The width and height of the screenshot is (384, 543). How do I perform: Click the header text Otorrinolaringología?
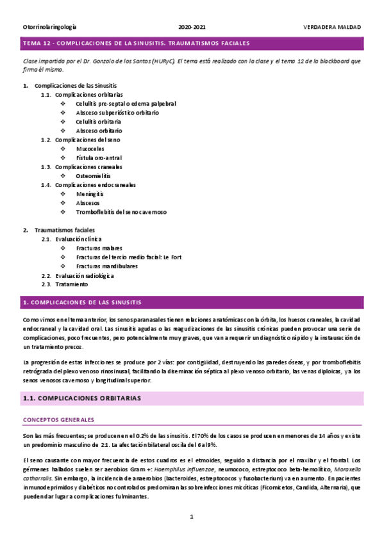coord(49,28)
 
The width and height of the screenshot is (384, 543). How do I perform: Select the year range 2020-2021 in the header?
coord(192,28)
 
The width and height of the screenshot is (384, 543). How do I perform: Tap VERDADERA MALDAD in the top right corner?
coord(332,28)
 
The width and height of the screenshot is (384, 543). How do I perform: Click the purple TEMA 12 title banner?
coord(192,44)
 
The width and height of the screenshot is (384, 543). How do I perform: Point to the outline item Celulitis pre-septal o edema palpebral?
coord(126,103)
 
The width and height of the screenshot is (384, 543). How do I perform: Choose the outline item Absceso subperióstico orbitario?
coord(117,112)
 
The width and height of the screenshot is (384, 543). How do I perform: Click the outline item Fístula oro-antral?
coord(99,158)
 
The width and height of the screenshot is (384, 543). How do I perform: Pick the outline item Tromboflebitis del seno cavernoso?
coord(121,211)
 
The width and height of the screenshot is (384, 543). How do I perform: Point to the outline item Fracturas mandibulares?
coord(107,266)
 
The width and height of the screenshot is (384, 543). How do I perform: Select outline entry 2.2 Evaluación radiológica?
coord(84,275)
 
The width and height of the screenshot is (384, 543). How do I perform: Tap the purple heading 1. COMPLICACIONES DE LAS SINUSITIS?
coord(192,302)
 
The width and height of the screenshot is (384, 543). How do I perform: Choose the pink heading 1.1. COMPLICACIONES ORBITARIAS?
coord(192,398)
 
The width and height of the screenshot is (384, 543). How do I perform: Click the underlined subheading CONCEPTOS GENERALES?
coord(58,419)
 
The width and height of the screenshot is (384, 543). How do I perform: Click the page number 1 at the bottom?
coord(192,517)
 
